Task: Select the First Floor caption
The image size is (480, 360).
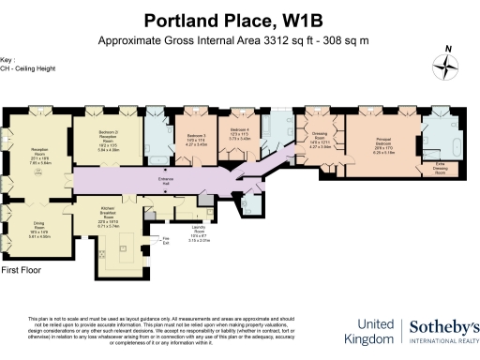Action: click(x=23, y=271)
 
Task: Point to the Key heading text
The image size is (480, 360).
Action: click(x=8, y=56)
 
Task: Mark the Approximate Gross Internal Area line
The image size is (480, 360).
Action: click(x=239, y=40)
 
